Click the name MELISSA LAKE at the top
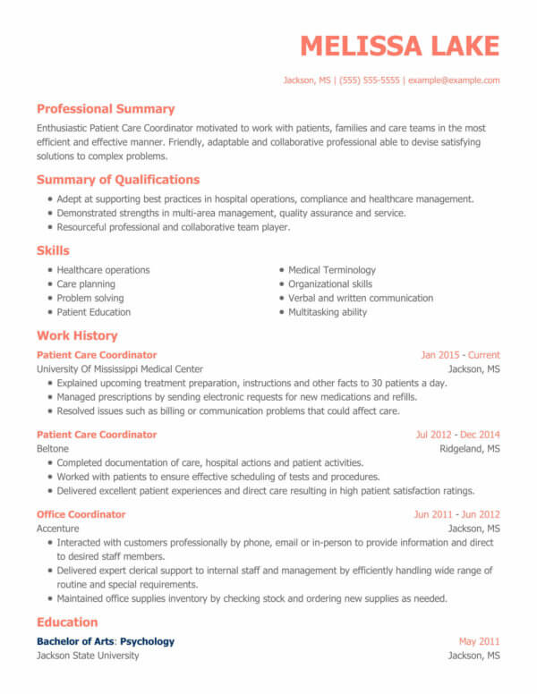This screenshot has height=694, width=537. pos(399,46)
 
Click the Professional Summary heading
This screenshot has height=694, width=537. pos(106,109)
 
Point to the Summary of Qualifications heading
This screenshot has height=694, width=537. pos(118,180)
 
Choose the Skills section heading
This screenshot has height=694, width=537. pos(53,250)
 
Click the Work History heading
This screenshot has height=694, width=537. pos(77,335)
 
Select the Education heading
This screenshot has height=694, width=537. pos(67,622)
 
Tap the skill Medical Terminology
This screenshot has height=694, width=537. pos(332,270)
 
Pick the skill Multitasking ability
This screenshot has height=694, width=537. pos(328,312)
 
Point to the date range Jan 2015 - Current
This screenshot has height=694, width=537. pos(460,355)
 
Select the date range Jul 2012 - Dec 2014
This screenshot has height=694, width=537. pos(457,435)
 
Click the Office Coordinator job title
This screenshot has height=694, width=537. pos(81,514)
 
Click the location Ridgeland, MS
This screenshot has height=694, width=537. pos(470,449)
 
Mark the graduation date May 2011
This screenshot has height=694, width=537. pos(479,641)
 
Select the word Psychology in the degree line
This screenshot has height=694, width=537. pos(148,641)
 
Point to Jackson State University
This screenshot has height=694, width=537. pos(88,656)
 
